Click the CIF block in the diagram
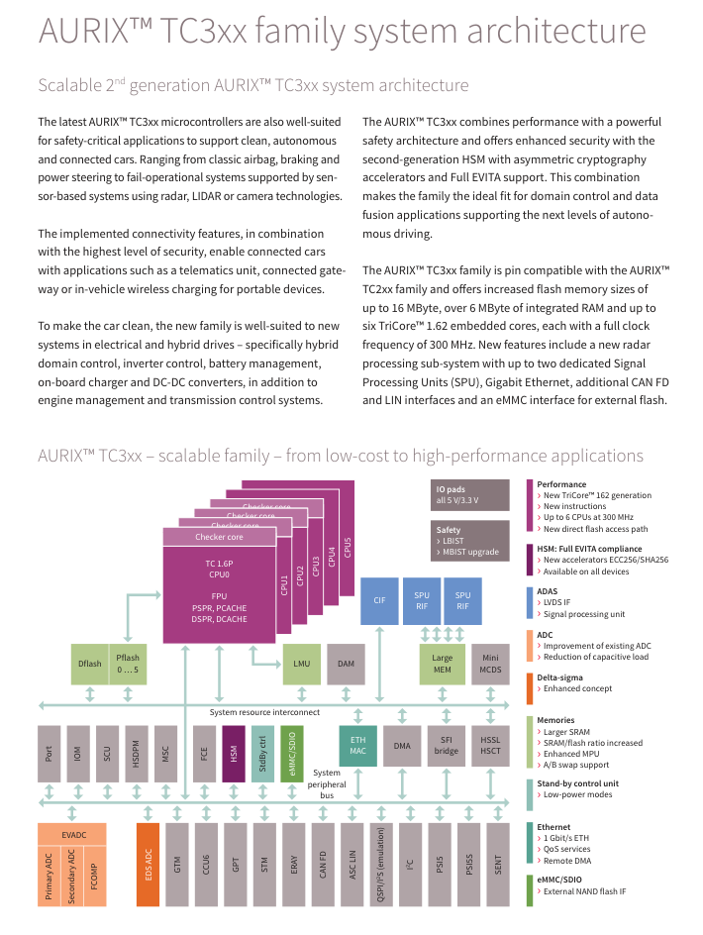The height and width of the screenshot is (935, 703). tap(379, 600)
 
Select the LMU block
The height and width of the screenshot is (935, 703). tap(302, 664)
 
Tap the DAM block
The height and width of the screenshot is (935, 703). tap(346, 664)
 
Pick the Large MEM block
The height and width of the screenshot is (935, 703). tap(442, 664)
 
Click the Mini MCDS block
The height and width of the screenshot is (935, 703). tap(490, 664)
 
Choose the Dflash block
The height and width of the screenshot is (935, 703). tap(89, 664)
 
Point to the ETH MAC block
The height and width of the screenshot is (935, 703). tap(357, 746)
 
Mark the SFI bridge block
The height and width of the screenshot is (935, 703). tap(446, 746)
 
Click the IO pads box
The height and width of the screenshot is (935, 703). tap(470, 495)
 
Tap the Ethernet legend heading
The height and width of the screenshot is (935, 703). tap(554, 826)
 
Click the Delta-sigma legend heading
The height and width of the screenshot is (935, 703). tap(559, 677)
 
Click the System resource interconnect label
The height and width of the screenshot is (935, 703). tap(264, 711)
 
